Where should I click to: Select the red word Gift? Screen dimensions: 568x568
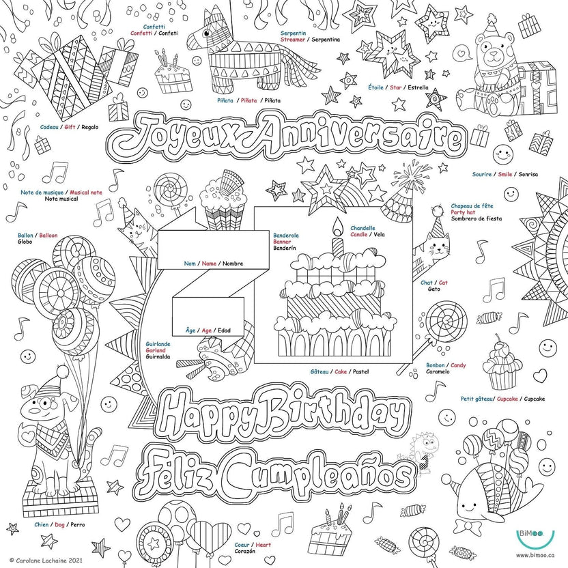click(x=70, y=127)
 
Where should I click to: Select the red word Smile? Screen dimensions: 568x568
click(x=505, y=174)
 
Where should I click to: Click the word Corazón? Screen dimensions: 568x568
click(x=246, y=553)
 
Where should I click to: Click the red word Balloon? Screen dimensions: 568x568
click(x=48, y=235)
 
